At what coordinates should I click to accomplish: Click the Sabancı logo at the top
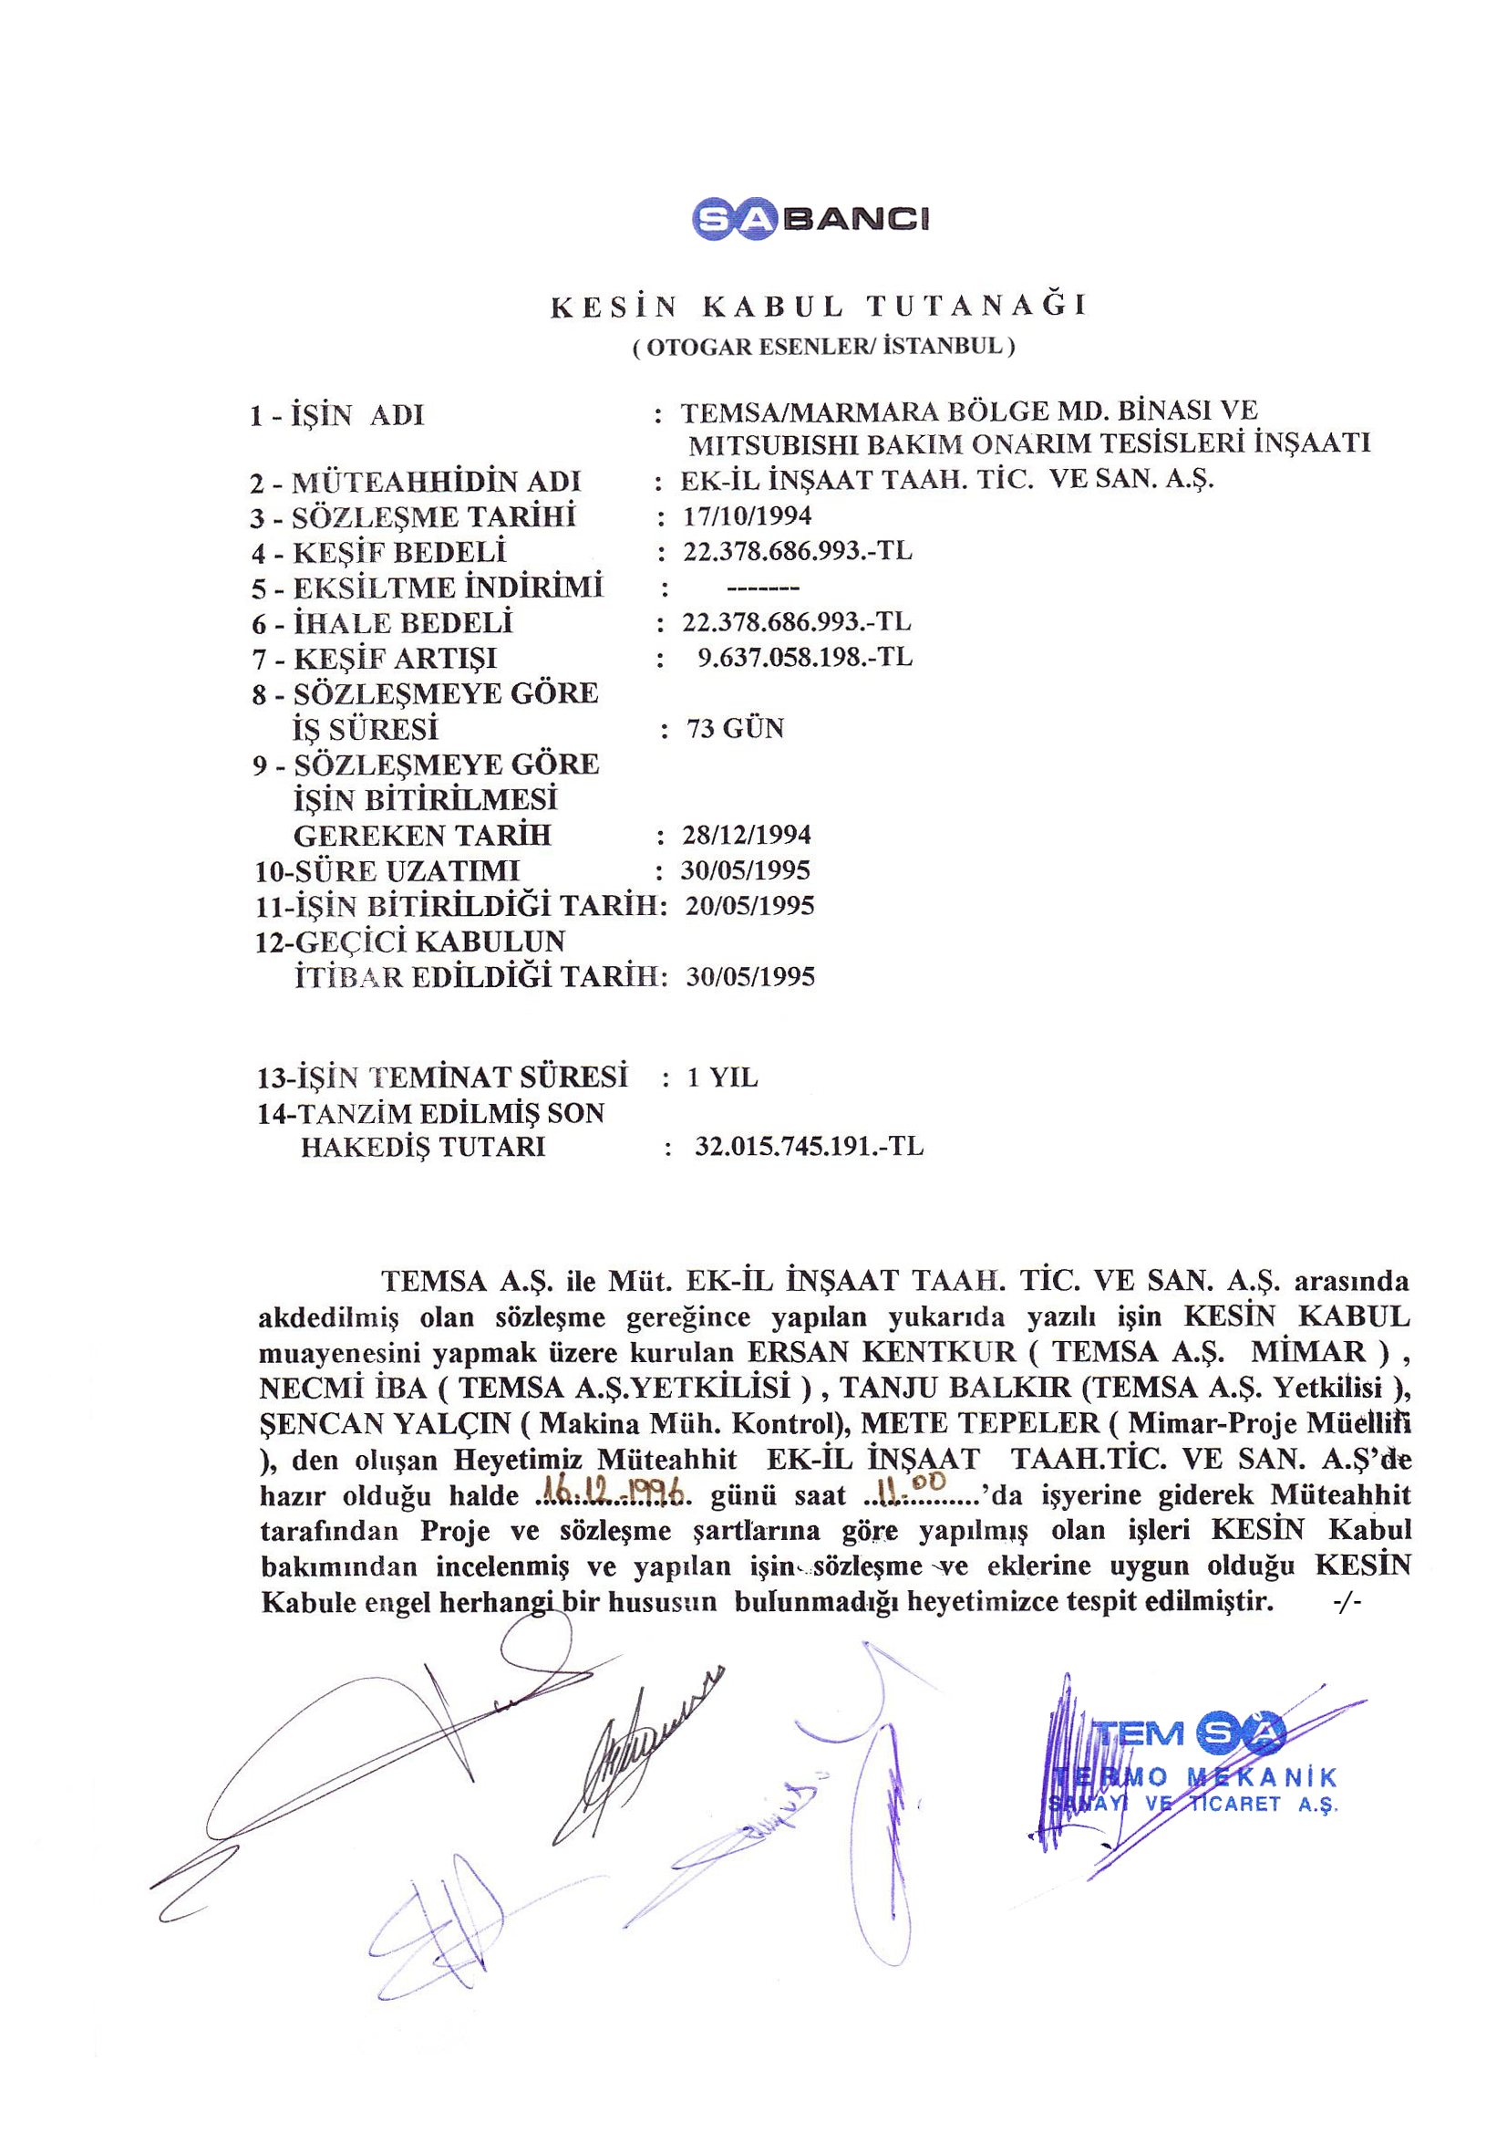pyautogui.click(x=810, y=219)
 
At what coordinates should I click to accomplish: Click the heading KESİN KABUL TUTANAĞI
pyautogui.click(x=818, y=306)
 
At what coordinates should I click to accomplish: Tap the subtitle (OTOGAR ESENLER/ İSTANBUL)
pyautogui.click(x=823, y=347)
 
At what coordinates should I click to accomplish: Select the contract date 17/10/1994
pyautogui.click(x=748, y=515)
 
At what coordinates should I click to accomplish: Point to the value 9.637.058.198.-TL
pyautogui.click(x=804, y=657)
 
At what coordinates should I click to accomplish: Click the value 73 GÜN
pyautogui.click(x=736, y=728)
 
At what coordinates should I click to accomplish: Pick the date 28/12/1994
pyautogui.click(x=747, y=834)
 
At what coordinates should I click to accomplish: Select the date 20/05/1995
pyautogui.click(x=749, y=905)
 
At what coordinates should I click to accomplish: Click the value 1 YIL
pyautogui.click(x=722, y=1077)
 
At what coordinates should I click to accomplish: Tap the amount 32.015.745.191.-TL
pyautogui.click(x=809, y=1147)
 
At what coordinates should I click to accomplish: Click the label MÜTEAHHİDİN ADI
pyautogui.click(x=436, y=482)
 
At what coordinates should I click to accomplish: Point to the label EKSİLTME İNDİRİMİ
pyautogui.click(x=448, y=588)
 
